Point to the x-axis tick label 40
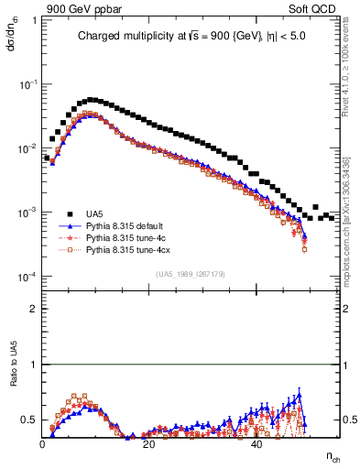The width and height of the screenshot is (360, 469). point(257,443)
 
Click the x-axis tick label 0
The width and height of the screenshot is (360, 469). point(43,443)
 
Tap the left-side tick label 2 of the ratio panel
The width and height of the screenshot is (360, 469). point(34,309)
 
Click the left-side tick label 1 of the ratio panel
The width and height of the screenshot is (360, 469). point(34,365)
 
